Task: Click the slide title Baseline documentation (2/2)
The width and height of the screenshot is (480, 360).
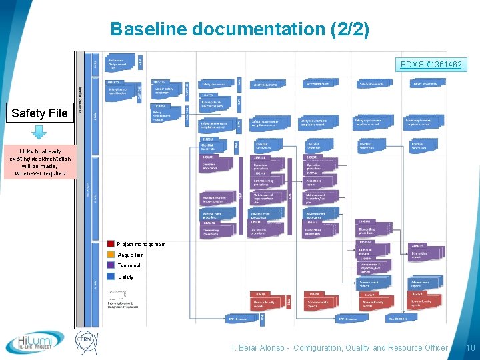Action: click(239, 29)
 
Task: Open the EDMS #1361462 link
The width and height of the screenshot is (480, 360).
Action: click(431, 65)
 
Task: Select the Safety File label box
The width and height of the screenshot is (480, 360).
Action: click(39, 113)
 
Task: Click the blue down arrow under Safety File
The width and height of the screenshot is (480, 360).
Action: click(39, 131)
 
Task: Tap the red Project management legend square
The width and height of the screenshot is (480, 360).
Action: click(111, 244)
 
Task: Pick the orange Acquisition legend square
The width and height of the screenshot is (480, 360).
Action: click(111, 255)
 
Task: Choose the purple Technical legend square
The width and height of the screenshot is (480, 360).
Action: click(111, 265)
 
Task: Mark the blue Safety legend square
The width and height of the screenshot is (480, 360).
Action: click(111, 276)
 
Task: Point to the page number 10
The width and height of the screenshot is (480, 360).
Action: click(470, 348)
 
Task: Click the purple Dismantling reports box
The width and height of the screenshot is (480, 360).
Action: click(425, 254)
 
